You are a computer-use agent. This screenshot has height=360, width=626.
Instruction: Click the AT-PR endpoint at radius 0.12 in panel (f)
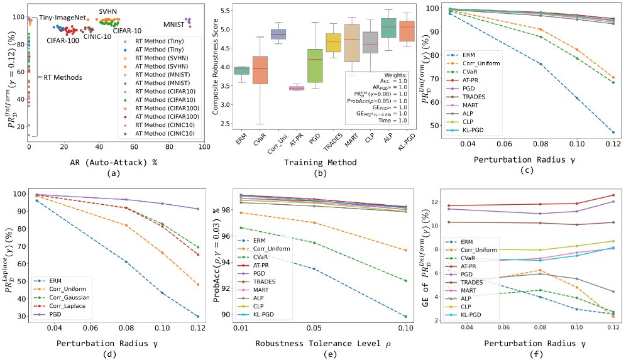[613, 195]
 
